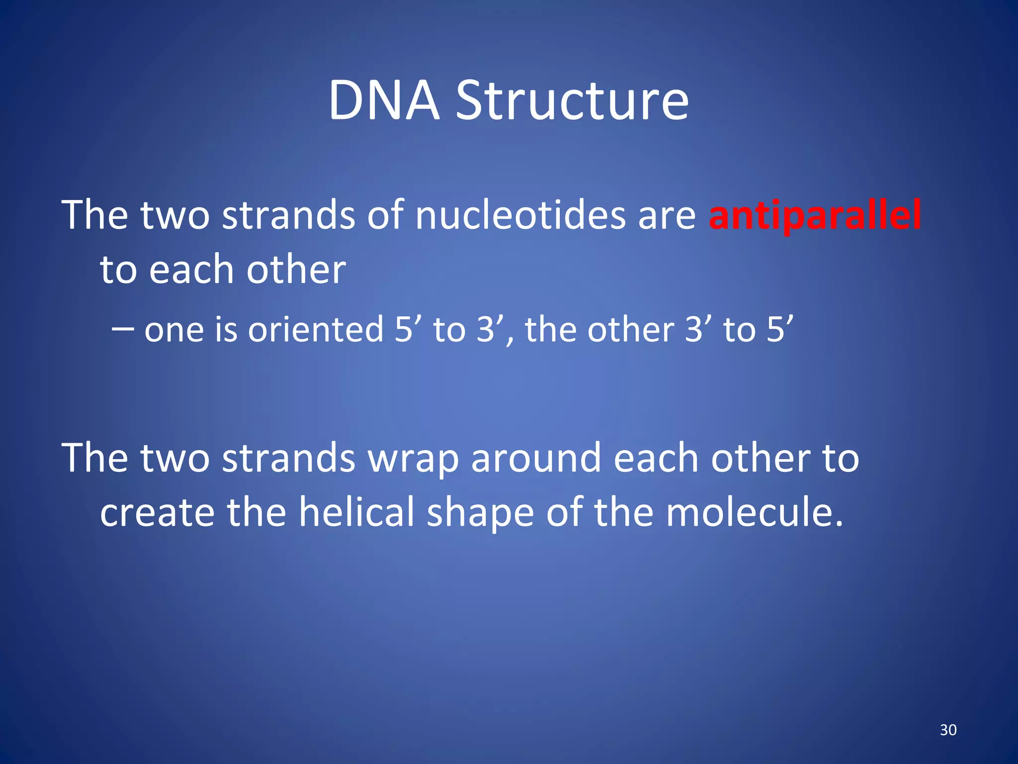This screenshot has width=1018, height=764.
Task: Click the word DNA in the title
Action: point(384,101)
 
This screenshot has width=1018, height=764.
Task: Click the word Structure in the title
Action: point(572,101)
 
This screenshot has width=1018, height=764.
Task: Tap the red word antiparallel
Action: point(815,215)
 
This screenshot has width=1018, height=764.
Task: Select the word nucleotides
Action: point(520,215)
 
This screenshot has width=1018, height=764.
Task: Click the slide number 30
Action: point(948,730)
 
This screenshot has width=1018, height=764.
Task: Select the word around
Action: point(536,458)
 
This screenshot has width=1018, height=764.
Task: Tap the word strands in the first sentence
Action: point(288,215)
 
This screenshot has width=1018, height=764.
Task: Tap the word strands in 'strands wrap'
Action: point(288,458)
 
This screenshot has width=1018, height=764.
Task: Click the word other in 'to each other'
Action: point(296,270)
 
